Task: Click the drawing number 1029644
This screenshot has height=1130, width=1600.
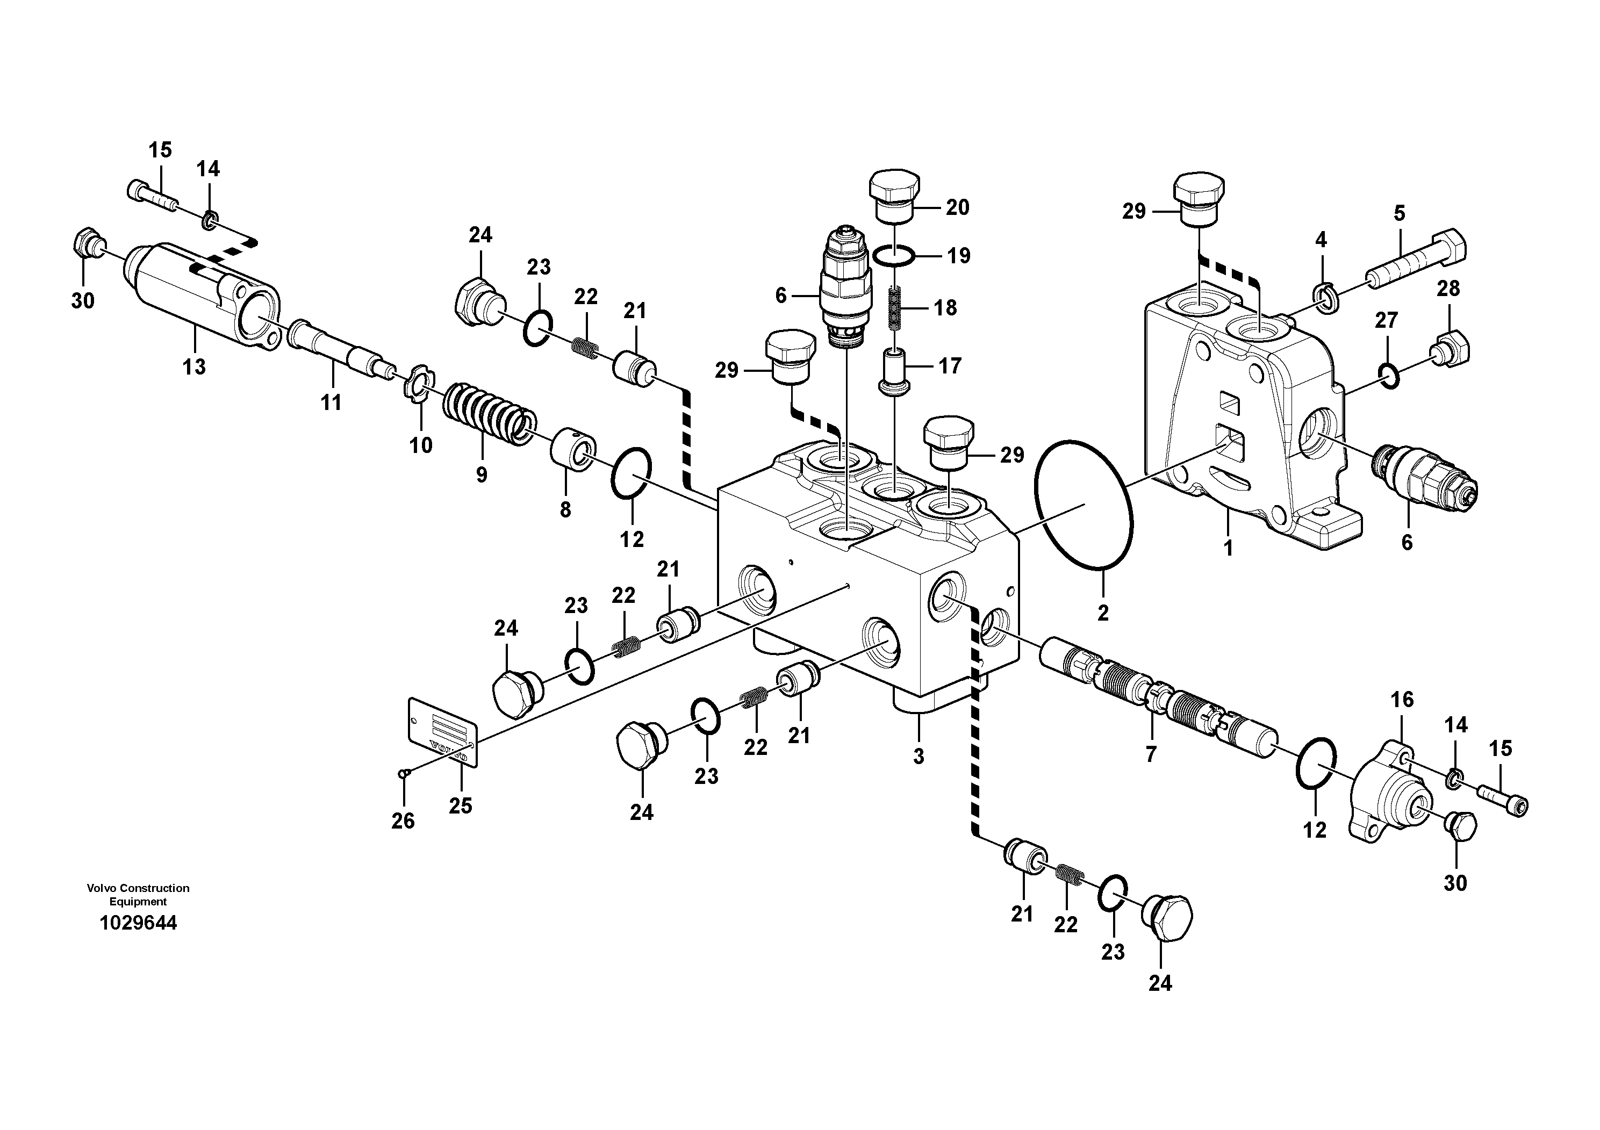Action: (138, 923)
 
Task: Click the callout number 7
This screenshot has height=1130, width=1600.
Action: (1151, 754)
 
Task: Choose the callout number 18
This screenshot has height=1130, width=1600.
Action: (945, 307)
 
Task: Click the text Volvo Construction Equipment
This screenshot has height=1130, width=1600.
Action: (138, 895)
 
